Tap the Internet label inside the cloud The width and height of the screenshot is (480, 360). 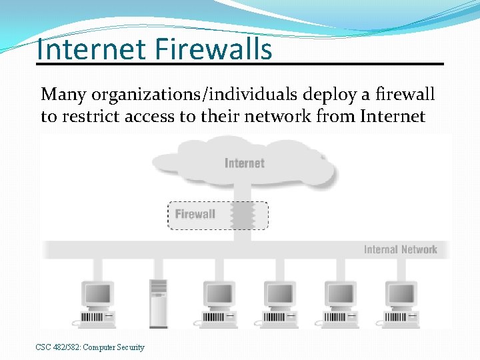245,163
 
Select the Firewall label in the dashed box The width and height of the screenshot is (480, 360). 195,214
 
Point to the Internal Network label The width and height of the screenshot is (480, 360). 400,249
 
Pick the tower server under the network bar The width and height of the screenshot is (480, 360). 158,303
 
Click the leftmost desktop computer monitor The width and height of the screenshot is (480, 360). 98,293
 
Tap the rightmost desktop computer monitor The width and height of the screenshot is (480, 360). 401,293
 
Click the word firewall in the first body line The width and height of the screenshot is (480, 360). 404,95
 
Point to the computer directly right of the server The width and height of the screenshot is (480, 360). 219,293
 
